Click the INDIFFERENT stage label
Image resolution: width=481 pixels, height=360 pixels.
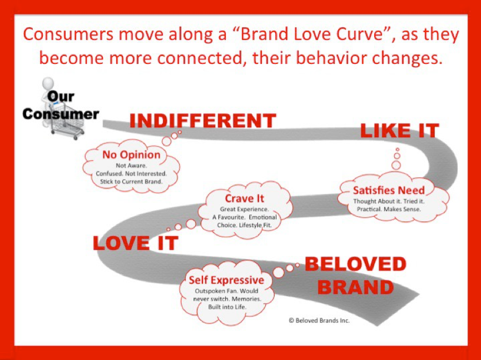click(x=202, y=121)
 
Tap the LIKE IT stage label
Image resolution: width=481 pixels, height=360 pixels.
click(x=399, y=131)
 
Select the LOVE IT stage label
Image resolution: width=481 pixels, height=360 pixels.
click(x=135, y=243)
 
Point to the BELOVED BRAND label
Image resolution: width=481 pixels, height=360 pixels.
click(x=355, y=276)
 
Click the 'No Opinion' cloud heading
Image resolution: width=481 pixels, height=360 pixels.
click(x=131, y=155)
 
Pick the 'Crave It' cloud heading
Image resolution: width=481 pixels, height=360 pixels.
click(x=244, y=198)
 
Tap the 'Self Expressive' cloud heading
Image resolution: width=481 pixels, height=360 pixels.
click(x=226, y=280)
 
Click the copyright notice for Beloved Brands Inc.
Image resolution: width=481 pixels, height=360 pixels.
click(x=319, y=321)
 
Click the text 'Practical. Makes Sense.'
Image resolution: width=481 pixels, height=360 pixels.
click(x=389, y=209)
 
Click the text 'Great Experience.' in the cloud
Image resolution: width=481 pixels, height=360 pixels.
click(x=244, y=209)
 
